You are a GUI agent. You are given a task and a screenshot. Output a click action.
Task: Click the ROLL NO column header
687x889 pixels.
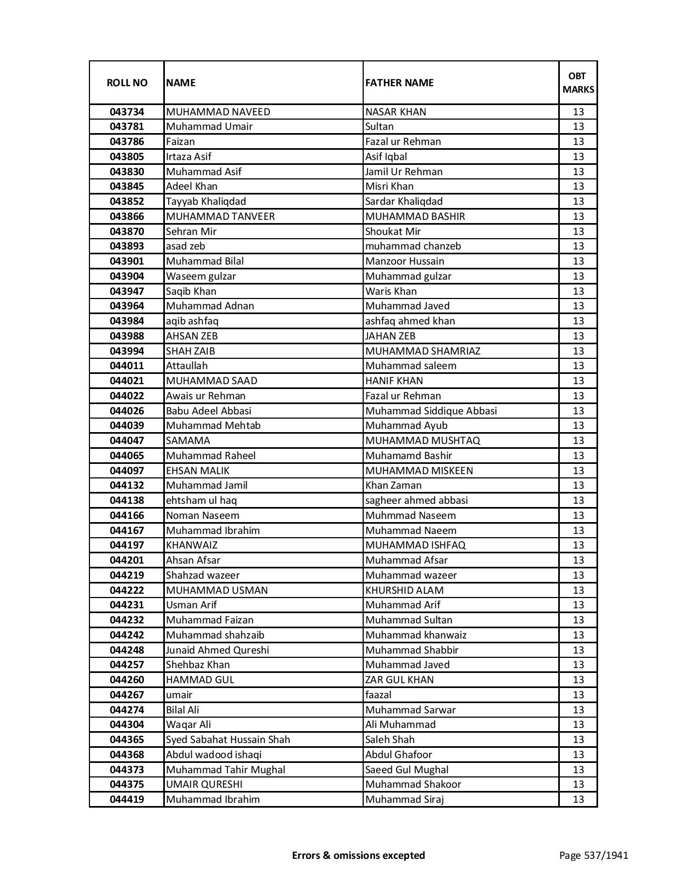127,82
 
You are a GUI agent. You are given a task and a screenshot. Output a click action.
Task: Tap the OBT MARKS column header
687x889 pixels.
578,82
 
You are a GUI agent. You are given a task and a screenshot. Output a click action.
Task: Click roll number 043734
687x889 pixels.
127,112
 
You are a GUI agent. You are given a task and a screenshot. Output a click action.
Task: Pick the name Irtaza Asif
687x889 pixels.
189,157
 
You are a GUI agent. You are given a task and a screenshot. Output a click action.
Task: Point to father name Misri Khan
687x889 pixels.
389,186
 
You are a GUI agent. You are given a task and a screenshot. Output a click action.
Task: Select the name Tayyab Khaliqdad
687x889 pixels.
206,202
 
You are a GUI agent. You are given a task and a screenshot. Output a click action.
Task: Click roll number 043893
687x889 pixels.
127,246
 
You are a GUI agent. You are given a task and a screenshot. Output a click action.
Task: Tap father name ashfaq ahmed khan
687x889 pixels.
410,321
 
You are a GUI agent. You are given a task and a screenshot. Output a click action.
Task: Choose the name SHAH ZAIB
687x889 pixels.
190,351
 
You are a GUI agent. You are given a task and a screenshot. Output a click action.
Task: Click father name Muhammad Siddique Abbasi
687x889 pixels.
431,411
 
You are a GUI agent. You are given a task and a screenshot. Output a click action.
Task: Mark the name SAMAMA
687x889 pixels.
188,441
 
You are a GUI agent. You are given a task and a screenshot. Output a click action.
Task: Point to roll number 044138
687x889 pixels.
127,501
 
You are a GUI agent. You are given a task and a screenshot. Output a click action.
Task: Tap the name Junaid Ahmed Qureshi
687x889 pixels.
217,650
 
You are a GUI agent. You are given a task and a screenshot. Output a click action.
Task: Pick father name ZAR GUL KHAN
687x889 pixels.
399,680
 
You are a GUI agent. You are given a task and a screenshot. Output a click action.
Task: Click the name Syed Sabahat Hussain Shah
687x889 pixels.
228,740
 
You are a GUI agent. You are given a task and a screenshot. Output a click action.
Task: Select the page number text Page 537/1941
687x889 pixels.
594,855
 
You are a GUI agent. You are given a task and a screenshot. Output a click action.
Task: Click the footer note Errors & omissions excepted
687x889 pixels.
358,855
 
